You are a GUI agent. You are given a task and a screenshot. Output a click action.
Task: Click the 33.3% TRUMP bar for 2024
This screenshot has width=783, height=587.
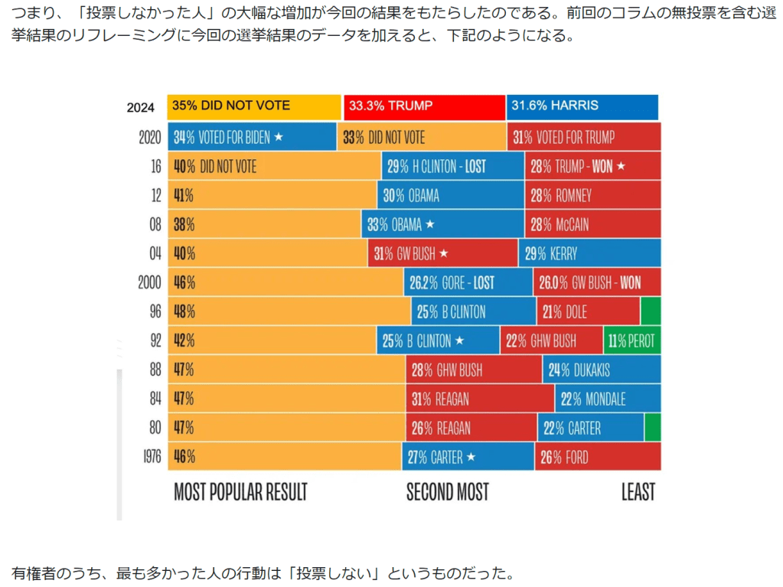click(424, 106)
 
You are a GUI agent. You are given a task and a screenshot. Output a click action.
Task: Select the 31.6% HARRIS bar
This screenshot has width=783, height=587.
click(582, 106)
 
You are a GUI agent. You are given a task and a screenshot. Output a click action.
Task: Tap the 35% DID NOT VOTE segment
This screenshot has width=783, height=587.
click(253, 106)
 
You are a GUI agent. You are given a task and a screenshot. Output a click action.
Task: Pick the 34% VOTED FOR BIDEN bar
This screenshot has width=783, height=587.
click(252, 138)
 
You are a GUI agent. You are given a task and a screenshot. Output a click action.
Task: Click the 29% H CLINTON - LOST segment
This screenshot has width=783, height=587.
click(452, 166)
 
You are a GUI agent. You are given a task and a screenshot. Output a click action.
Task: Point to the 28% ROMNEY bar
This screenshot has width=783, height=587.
click(592, 195)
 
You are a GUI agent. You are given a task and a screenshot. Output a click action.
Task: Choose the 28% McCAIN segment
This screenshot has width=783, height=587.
click(592, 224)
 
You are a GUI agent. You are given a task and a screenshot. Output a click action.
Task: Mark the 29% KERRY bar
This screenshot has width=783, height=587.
click(589, 253)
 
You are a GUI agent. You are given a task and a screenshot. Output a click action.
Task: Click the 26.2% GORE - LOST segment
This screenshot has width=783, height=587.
click(468, 282)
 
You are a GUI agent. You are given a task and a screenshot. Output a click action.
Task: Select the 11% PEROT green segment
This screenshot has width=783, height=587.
click(632, 341)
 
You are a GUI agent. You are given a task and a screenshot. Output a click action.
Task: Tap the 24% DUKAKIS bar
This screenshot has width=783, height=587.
click(602, 370)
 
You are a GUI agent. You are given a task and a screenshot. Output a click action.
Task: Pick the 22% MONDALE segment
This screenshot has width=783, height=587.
click(608, 399)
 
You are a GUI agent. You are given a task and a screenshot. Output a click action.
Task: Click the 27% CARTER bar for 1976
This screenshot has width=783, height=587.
click(468, 457)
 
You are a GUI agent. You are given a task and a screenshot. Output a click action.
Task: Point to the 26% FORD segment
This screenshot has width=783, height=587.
click(598, 457)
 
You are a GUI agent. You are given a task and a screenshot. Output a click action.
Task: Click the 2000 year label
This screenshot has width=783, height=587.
click(149, 282)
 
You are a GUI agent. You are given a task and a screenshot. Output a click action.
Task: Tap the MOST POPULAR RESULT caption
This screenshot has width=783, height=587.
click(240, 491)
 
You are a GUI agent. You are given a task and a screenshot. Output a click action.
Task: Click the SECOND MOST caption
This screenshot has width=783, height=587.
click(447, 491)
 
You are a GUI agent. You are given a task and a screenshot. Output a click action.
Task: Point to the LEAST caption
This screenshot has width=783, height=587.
click(638, 491)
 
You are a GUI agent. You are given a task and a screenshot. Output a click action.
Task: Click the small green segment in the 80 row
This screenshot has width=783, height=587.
click(652, 428)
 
